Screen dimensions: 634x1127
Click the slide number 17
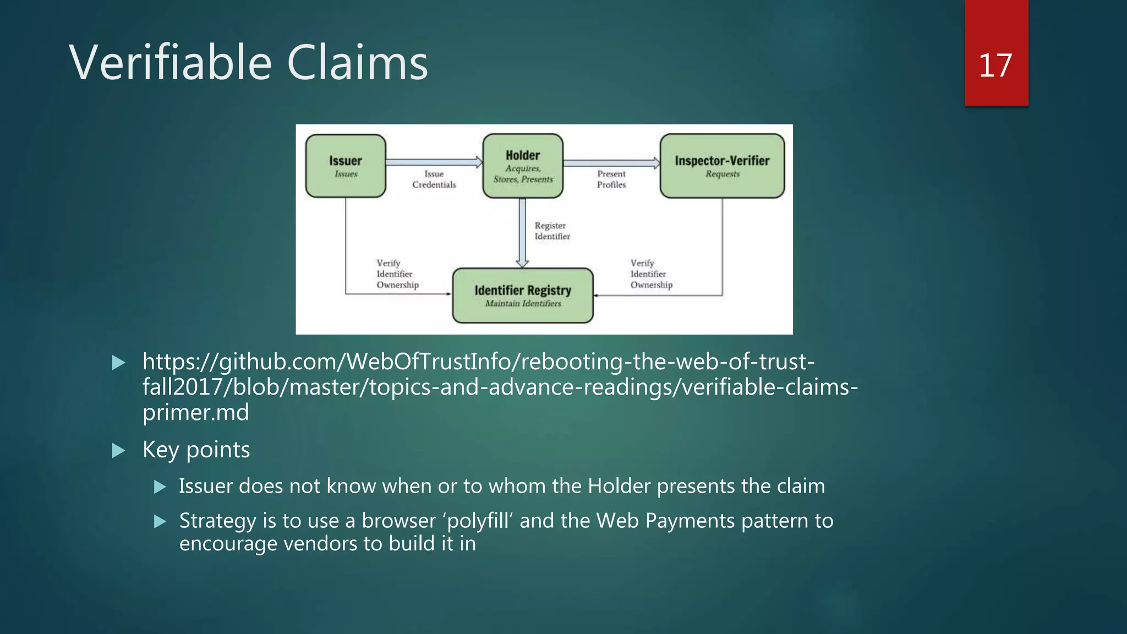coord(995,65)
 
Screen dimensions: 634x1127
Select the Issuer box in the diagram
coord(346,166)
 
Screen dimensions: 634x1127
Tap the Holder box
coord(523,166)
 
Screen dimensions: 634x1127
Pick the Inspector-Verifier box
coord(722,166)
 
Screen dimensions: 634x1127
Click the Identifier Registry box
coord(523,296)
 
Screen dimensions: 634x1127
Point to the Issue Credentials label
coord(434,179)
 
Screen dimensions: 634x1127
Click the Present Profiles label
coord(611,179)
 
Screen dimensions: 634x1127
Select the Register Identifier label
coord(552,231)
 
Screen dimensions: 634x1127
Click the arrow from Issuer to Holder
coord(434,162)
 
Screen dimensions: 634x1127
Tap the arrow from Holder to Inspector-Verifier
coord(611,162)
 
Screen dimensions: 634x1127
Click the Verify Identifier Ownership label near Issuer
coord(397,274)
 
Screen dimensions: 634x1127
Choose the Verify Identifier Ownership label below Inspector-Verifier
coord(651,274)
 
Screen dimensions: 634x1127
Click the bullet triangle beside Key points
coord(118,451)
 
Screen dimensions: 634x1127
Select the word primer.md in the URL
coord(195,412)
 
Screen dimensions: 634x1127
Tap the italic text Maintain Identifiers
coord(523,304)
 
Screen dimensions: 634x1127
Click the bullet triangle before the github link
coord(118,362)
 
